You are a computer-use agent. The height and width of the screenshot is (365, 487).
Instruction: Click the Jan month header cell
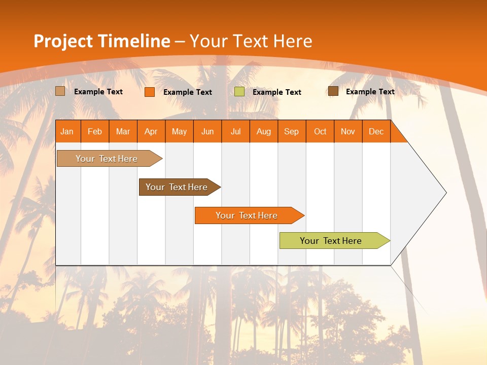[x=67, y=131]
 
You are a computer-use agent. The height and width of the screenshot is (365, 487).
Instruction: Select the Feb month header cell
[x=95, y=131]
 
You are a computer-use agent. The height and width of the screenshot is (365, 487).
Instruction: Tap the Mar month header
[x=123, y=131]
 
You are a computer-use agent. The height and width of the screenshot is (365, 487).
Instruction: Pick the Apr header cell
[x=151, y=131]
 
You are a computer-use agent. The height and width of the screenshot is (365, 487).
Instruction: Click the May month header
[x=179, y=131]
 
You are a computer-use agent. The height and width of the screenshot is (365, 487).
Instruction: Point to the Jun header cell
[x=207, y=131]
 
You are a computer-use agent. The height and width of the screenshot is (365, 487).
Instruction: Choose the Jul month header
[x=235, y=131]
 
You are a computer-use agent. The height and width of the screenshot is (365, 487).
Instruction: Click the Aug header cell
[x=264, y=131]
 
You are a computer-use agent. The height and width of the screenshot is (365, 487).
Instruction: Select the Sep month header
[x=292, y=131]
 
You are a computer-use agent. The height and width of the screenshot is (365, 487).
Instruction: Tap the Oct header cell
[x=320, y=131]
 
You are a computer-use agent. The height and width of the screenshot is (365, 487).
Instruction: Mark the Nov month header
[x=348, y=131]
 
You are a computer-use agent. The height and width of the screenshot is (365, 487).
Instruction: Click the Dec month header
[x=376, y=131]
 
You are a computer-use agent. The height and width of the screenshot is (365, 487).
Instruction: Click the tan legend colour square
[x=60, y=91]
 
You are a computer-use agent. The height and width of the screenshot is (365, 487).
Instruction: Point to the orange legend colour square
[x=150, y=92]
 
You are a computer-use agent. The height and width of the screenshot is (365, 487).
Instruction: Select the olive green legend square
[x=239, y=92]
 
